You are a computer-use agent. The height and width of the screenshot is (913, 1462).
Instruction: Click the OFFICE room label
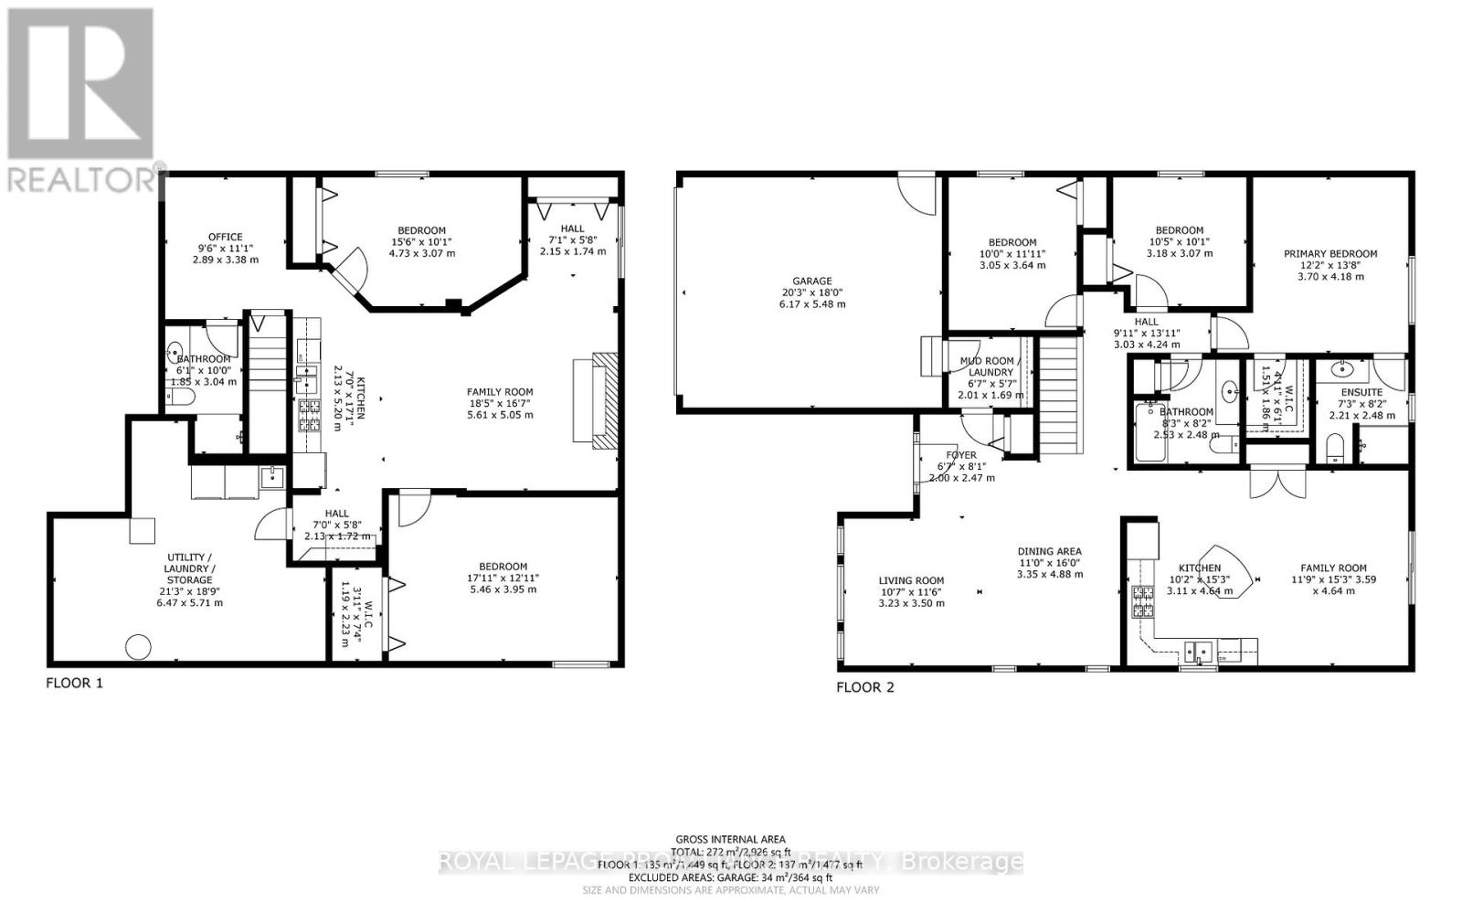pyautogui.click(x=225, y=237)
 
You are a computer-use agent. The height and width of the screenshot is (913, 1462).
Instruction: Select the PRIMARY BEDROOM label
pyautogui.click(x=1330, y=254)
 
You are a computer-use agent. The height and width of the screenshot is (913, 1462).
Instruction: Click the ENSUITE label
pyautogui.click(x=1361, y=392)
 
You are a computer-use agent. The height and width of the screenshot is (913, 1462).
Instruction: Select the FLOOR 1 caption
pyautogui.click(x=74, y=682)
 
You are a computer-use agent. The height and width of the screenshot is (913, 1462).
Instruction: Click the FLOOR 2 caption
pyautogui.click(x=864, y=687)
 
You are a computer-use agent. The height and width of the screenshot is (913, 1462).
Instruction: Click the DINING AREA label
pyautogui.click(x=1050, y=551)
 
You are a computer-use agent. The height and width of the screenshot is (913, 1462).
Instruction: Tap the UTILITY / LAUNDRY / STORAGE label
pyautogui.click(x=189, y=568)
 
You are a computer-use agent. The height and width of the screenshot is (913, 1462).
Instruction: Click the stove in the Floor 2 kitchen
pyautogui.click(x=1142, y=601)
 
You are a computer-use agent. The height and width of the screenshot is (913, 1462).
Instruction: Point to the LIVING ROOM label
pyautogui.click(x=911, y=580)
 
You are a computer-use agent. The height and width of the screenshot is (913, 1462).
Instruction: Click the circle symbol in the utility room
pyautogui.click(x=137, y=646)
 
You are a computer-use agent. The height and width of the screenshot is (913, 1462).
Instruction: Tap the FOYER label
pyautogui.click(x=961, y=454)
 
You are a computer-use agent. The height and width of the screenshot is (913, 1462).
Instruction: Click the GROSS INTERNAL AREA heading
pyautogui.click(x=730, y=839)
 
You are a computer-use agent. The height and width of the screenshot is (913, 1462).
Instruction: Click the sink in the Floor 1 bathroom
pyautogui.click(x=176, y=350)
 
